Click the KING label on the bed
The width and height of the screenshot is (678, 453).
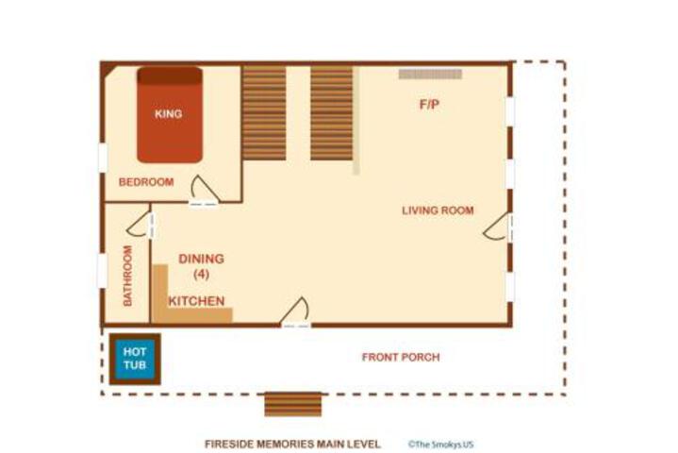pos(168,114)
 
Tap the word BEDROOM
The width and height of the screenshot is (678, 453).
pos(146,182)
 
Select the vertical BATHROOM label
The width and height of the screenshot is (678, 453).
pos(127,276)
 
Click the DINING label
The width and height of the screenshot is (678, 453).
pos(201,259)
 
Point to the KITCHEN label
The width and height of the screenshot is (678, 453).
pos(196,301)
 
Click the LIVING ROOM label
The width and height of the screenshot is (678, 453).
pos(438,210)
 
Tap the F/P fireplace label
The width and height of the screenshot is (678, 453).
pos(429,105)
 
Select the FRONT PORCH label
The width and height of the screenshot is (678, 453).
pos(401,358)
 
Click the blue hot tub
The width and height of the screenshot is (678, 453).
pos(135,360)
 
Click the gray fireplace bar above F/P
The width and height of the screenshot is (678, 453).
pos(430,74)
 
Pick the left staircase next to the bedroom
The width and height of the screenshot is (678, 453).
pos(264,112)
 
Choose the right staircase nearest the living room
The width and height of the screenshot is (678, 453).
pos(332,112)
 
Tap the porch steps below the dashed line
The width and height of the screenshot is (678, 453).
pos(293,405)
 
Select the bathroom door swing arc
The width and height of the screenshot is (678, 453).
pos(137,224)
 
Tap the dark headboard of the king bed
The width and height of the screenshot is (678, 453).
pos(170,75)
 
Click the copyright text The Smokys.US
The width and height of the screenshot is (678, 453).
pos(440,444)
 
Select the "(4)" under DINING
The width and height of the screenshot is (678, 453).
pos(201,274)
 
